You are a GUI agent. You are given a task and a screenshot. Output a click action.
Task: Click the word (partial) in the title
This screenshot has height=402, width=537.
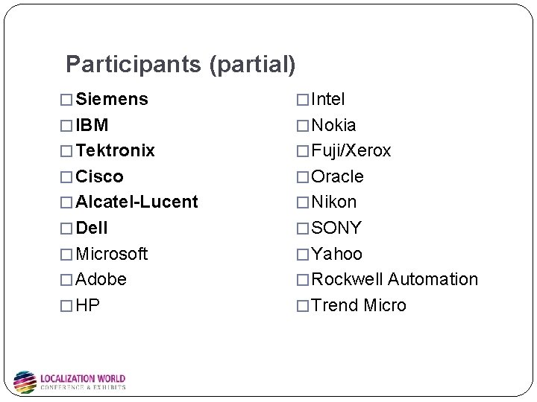point(252,65)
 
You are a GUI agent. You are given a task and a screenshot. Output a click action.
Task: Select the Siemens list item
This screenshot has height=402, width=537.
point(112,99)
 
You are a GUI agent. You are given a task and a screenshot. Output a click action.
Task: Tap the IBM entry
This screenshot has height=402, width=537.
point(92,125)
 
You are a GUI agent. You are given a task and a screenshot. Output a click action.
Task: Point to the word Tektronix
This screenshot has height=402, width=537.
point(116,150)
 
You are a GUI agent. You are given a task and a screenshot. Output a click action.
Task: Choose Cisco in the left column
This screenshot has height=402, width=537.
point(100,176)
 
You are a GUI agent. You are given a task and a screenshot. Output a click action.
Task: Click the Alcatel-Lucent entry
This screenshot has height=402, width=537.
point(137,202)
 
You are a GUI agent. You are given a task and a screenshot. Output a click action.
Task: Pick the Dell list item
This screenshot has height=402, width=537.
point(92,228)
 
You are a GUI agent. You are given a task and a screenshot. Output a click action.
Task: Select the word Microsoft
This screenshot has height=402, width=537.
point(112,254)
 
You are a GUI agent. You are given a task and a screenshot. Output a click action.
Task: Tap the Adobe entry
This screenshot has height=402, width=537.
point(101,279)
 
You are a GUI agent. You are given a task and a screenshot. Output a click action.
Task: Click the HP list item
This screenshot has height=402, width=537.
point(88,305)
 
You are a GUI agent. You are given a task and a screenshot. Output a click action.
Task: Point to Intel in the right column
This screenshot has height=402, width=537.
point(327,99)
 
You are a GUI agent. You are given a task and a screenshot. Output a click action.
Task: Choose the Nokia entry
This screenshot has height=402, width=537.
point(333,125)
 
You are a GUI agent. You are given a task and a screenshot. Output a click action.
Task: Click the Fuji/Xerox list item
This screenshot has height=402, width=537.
point(351,150)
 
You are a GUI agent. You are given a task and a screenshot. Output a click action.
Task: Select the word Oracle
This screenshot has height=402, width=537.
point(337,176)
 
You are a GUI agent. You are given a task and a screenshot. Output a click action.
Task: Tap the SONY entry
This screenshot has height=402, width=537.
point(336,228)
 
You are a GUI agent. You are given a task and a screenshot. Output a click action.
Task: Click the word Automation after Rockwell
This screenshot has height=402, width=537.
point(433,279)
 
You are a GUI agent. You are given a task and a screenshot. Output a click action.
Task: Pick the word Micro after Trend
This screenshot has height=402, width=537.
point(385,305)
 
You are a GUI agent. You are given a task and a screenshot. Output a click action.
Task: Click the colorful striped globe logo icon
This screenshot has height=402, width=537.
point(25,382)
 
